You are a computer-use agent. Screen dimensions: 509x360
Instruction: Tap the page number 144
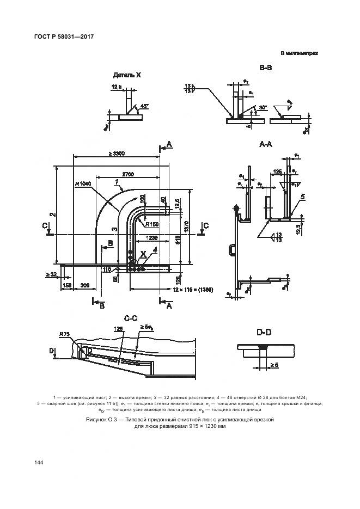pyautogui.click(x=38, y=462)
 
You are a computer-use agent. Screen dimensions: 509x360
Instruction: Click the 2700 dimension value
pyautogui.click(x=128, y=174)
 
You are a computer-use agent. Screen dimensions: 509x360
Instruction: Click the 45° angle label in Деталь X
pyautogui.click(x=144, y=106)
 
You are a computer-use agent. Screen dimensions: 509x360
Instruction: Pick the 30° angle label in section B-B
pyautogui.click(x=264, y=107)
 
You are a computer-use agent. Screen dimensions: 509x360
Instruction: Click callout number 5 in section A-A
pyautogui.click(x=302, y=196)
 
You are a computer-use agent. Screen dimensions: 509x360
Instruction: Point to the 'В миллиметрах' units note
pyautogui.click(x=299, y=53)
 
